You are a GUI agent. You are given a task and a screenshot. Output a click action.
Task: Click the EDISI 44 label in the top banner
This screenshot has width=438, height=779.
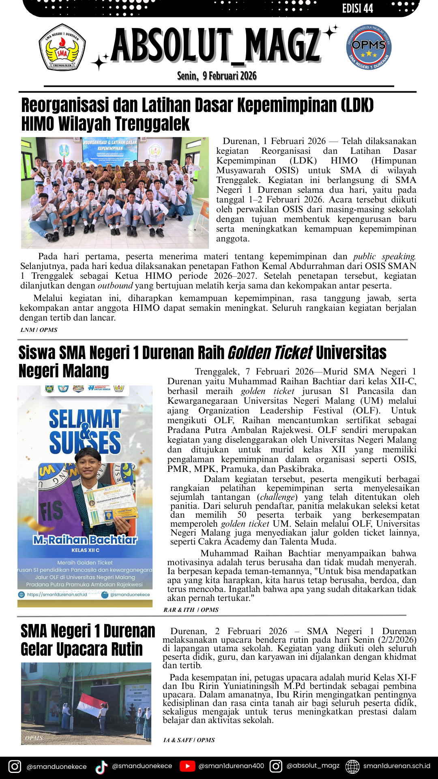(357, 9)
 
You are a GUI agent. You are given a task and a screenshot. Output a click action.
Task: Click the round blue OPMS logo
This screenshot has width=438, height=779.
(369, 47)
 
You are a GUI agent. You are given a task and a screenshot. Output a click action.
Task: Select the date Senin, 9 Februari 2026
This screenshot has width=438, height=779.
(217, 76)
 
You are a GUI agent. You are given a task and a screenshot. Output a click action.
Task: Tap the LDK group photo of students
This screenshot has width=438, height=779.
(115, 193)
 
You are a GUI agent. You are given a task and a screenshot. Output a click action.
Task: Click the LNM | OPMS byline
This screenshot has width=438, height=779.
(39, 330)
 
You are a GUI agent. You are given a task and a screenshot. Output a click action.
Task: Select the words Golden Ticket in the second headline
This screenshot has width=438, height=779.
(270, 353)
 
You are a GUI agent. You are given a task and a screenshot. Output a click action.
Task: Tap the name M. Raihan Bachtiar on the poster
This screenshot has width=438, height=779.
(85, 540)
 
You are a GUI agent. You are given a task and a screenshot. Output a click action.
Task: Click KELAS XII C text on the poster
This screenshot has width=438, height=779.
(85, 550)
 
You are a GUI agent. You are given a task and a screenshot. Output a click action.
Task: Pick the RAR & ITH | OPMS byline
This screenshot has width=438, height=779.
(191, 610)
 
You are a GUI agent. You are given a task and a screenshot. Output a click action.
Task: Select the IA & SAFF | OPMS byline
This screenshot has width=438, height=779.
(189, 740)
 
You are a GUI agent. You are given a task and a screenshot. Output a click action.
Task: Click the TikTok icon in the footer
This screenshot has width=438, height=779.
(101, 766)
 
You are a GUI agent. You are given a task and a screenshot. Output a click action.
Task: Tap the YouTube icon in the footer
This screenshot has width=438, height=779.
(187, 766)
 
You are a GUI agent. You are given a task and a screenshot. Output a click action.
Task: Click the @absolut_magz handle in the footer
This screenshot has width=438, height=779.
(313, 766)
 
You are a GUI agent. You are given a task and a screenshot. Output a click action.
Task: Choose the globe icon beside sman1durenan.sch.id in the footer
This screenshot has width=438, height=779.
(352, 766)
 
